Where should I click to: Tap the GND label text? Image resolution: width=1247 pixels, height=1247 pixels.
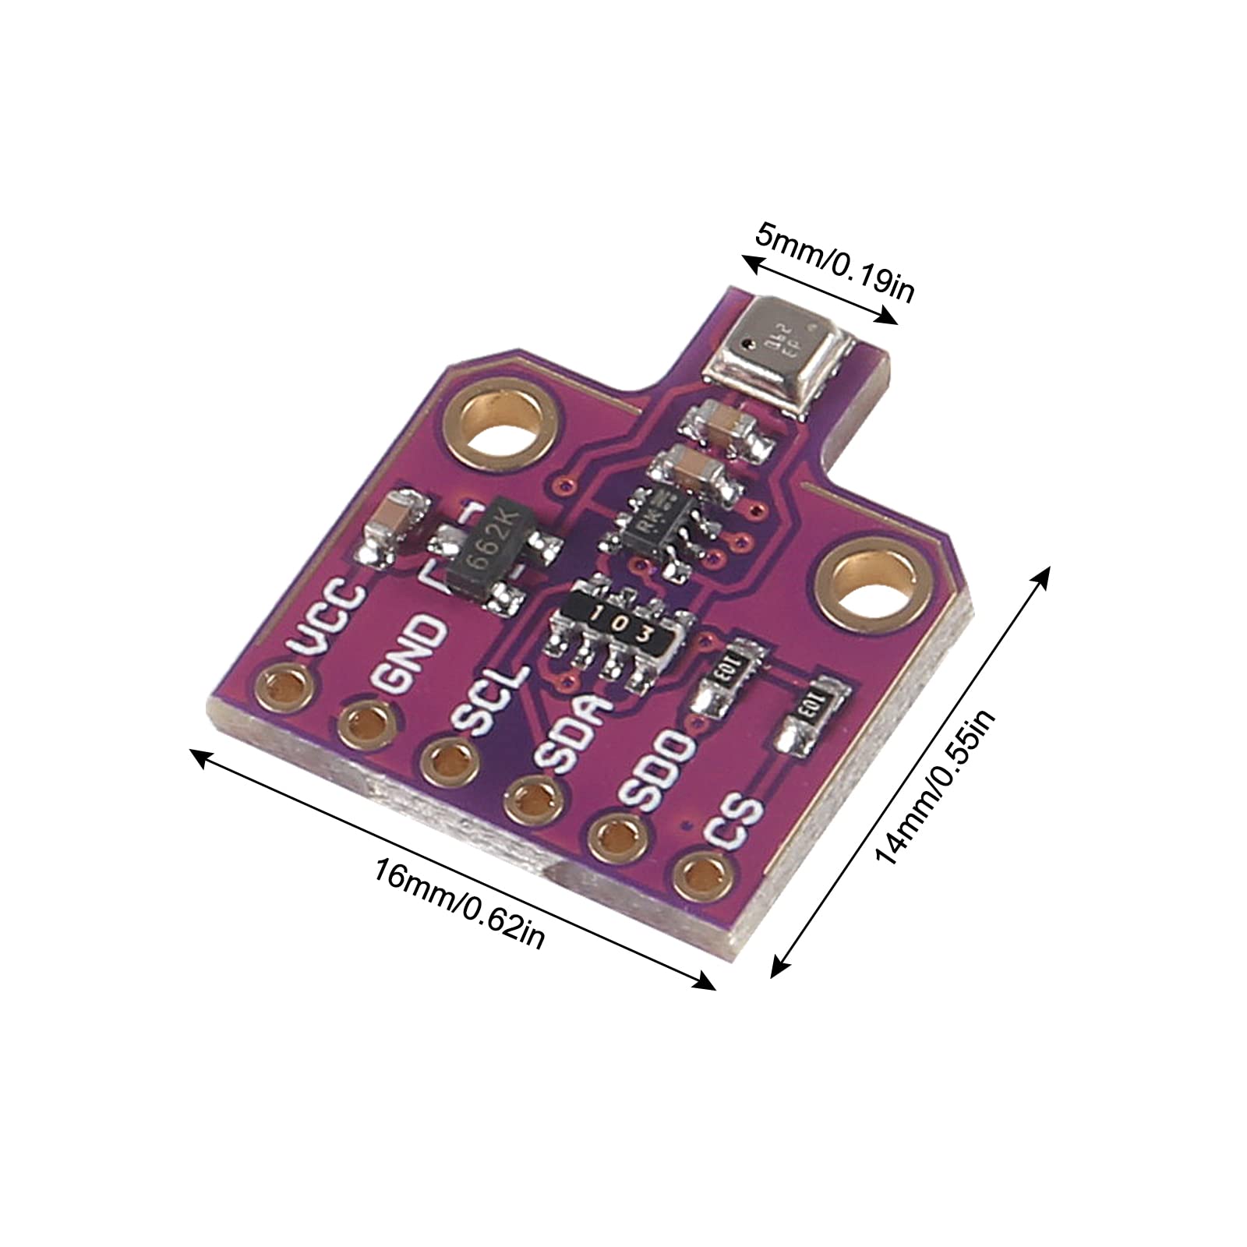[411, 653]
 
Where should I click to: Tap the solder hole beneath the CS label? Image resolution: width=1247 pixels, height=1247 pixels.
[704, 874]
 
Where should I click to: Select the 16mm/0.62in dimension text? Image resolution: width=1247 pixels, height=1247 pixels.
[459, 904]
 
